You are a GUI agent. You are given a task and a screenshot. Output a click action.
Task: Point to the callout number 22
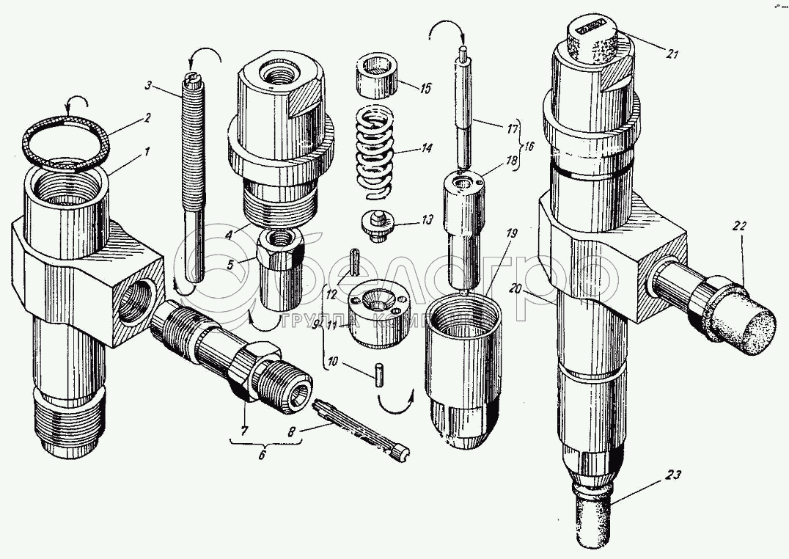tap(738, 227)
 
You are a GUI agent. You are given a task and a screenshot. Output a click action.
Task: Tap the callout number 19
tap(511, 233)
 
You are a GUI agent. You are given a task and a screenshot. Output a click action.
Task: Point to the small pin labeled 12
tap(353, 261)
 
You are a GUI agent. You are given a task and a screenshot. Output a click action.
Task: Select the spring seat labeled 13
tap(378, 223)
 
